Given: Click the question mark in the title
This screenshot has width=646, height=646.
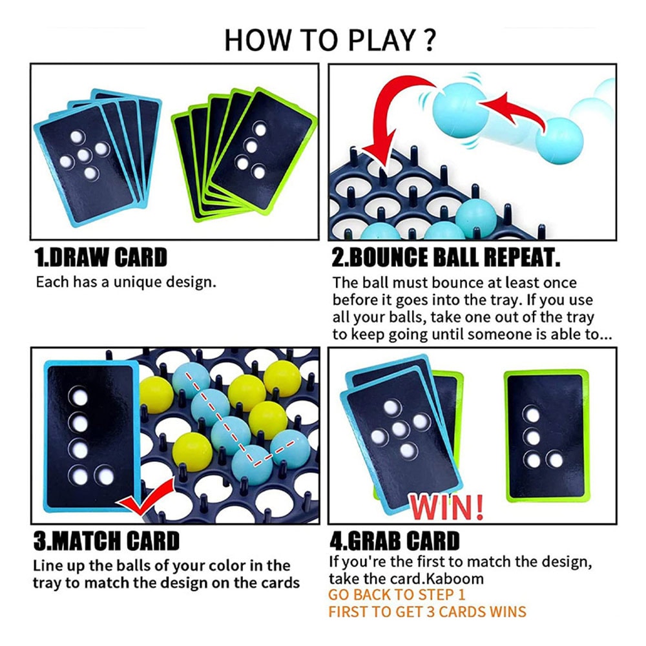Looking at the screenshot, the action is pos(429,40).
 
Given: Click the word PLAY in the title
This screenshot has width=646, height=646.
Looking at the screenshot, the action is pos(382,40).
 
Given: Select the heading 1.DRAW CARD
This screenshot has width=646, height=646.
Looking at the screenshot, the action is pos(101,258).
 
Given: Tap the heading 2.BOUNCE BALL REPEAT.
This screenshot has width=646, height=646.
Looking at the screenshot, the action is pos(446,258).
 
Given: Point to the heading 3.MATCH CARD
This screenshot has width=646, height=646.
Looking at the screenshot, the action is pos(107,541).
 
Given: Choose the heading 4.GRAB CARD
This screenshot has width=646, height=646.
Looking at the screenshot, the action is pos(395,541).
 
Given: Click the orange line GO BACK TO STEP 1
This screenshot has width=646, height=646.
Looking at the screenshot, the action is pos(397,594).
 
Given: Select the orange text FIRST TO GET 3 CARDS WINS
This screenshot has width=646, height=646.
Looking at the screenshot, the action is pos(427,612).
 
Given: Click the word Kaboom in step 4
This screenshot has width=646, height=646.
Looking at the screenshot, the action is pos(455,578).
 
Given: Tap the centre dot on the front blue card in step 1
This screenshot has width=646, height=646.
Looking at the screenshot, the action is pos(84,155).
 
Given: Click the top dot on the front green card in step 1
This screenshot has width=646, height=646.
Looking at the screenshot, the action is pos(260,129).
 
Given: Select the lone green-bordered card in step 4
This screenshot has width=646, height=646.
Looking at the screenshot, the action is pos(547,436).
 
